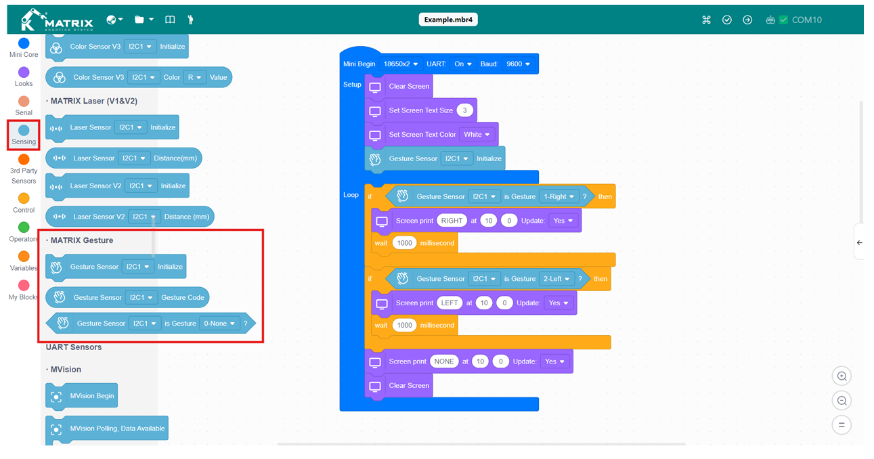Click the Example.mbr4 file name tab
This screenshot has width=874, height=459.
(448, 20)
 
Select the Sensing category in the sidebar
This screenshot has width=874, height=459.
(24, 135)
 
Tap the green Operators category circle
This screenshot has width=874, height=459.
(24, 227)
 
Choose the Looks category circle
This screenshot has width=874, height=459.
(24, 72)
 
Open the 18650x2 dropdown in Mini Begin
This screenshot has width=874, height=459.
(400, 64)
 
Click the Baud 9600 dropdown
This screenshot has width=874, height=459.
(518, 64)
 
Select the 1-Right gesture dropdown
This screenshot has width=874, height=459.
(559, 197)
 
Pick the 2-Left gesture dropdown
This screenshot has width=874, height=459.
(556, 279)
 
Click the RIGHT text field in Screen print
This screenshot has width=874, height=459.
(452, 221)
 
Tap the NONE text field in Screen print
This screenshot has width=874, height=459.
(444, 362)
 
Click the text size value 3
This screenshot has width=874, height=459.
(464, 110)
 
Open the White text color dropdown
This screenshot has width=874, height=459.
(477, 135)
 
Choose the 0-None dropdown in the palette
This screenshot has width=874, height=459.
(219, 324)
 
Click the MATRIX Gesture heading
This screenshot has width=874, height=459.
(81, 240)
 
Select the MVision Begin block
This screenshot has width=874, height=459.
(81, 396)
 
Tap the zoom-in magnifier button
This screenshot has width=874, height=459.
(842, 376)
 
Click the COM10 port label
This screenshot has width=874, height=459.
(806, 20)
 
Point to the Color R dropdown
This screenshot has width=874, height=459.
(194, 77)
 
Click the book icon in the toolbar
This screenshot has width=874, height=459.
(170, 20)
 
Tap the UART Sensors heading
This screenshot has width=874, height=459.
(74, 347)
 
